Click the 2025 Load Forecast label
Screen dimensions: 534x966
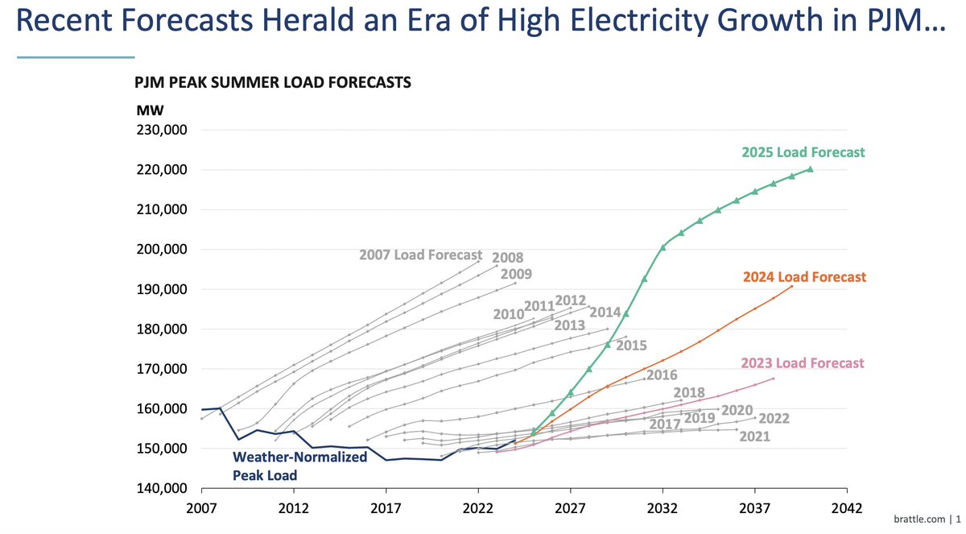(803, 151)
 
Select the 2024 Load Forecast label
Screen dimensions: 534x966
(803, 277)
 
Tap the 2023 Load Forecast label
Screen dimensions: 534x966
(802, 363)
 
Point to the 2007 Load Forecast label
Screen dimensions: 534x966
(420, 255)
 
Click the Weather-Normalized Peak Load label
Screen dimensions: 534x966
(299, 466)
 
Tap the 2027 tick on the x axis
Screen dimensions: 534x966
(570, 509)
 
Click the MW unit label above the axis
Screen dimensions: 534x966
(145, 110)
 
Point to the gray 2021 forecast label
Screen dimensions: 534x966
(753, 437)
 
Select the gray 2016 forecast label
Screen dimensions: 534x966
(661, 375)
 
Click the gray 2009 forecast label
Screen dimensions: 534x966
(516, 274)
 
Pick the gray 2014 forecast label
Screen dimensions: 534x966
(605, 313)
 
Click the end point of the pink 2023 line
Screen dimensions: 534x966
(774, 379)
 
